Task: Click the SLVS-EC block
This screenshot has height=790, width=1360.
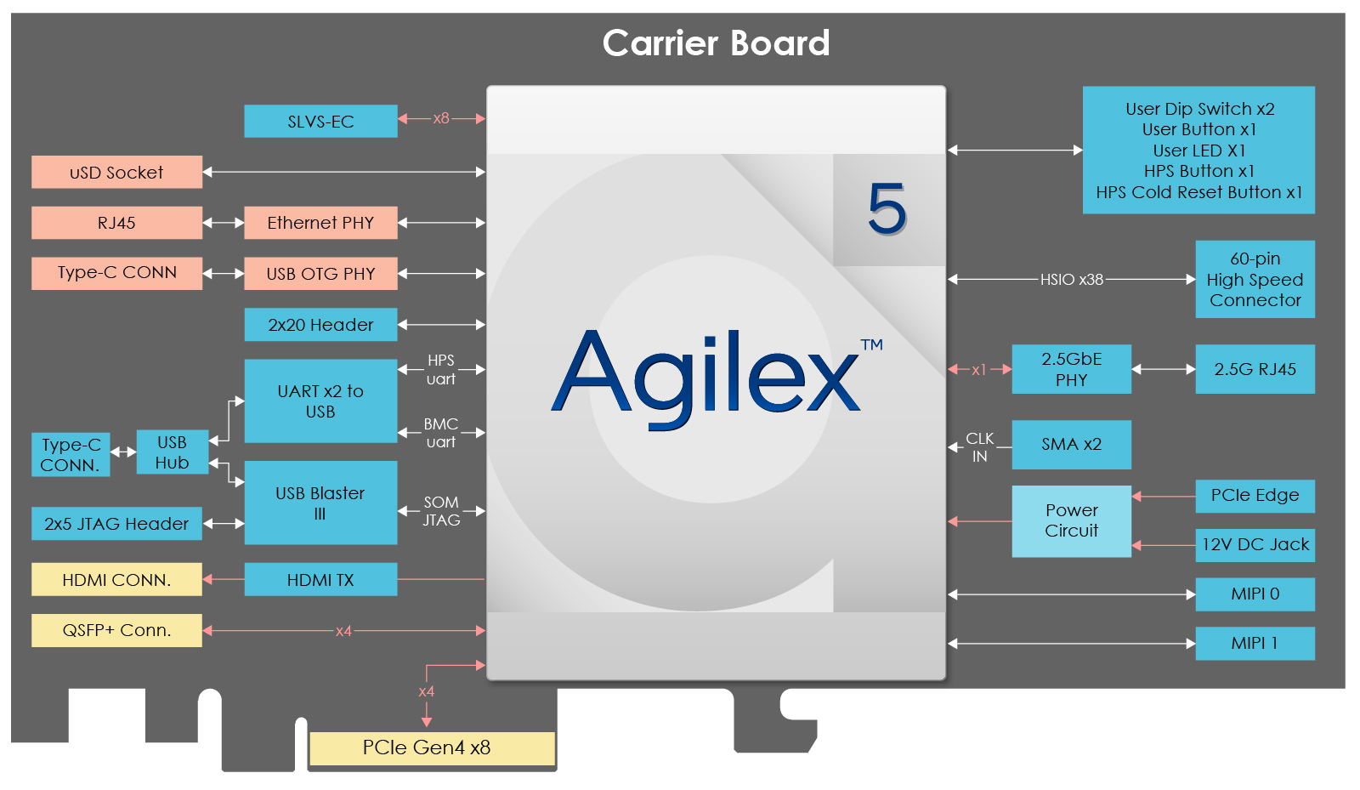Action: (x=320, y=121)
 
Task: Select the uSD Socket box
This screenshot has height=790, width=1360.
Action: (x=116, y=172)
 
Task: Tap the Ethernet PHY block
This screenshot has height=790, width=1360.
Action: (x=320, y=223)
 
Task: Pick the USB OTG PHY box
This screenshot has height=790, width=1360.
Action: (x=320, y=274)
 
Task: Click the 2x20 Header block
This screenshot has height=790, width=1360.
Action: (x=320, y=325)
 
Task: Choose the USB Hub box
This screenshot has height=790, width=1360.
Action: (x=172, y=452)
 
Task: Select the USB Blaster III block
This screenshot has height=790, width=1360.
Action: (x=320, y=503)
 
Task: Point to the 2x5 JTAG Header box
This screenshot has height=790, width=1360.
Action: (x=116, y=524)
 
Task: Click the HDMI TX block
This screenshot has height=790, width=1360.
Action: (x=320, y=580)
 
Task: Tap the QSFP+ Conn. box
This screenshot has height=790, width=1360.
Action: (x=116, y=630)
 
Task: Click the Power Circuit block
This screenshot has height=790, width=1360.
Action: (x=1071, y=520)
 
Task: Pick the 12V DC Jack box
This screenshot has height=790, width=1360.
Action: (x=1255, y=544)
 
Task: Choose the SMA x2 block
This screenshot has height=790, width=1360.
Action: (x=1071, y=444)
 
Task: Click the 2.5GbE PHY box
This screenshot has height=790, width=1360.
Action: (x=1071, y=369)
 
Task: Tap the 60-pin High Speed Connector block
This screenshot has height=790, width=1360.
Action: (x=1255, y=279)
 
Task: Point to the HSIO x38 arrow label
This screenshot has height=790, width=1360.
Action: (x=1071, y=279)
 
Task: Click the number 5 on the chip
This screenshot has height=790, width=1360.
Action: (x=887, y=208)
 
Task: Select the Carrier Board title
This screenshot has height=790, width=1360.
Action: (x=716, y=43)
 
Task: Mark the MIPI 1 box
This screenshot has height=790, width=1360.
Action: (x=1255, y=643)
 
